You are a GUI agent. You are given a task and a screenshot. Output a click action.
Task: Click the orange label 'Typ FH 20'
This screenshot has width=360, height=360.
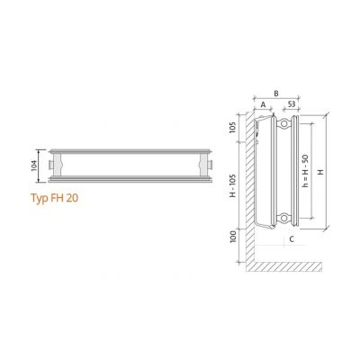click(x=53, y=196)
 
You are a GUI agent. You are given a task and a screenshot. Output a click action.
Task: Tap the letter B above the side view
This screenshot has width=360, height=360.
click(x=277, y=93)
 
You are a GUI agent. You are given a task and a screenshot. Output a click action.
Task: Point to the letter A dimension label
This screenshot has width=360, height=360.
click(x=263, y=104)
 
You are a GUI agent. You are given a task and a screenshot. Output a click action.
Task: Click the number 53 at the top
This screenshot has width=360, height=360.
click(x=291, y=104)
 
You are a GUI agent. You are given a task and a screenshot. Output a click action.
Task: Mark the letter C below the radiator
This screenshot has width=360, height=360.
click(x=291, y=240)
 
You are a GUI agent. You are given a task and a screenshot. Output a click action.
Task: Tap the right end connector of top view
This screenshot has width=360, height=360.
click(x=209, y=165)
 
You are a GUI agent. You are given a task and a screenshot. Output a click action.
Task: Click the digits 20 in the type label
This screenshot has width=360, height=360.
click(x=70, y=196)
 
